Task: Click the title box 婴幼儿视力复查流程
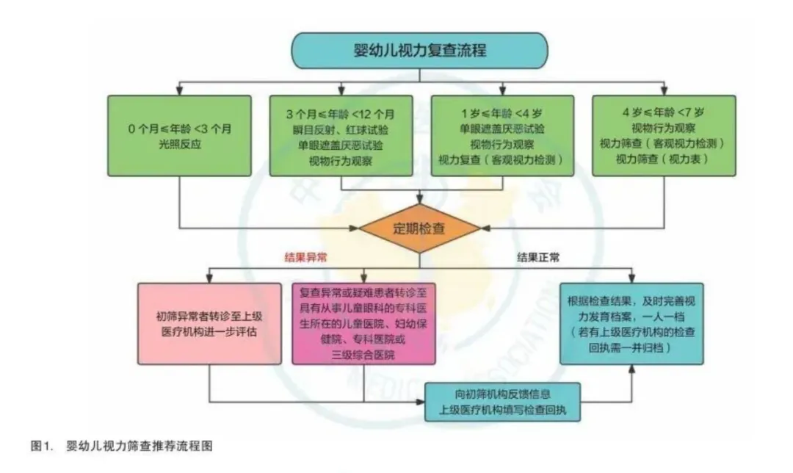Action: [419, 51]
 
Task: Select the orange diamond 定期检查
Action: [420, 228]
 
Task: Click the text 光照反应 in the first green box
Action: [179, 144]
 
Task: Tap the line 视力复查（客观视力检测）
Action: [501, 159]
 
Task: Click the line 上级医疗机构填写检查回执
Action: [502, 409]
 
